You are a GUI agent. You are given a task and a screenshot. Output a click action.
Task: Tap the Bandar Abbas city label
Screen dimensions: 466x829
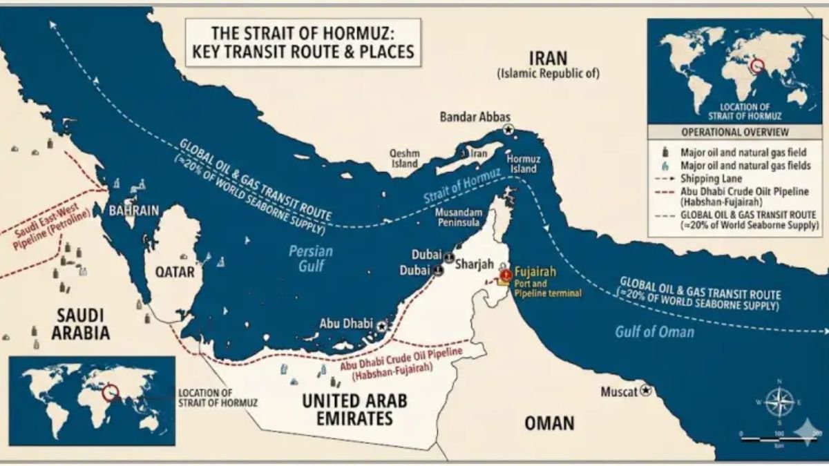pos(472,117)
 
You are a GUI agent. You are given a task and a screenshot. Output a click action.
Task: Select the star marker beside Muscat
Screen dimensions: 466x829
pos(646,391)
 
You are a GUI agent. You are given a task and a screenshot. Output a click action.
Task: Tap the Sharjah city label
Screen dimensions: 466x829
pos(476,264)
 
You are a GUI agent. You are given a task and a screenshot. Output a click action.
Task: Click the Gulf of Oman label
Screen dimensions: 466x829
pos(655,331)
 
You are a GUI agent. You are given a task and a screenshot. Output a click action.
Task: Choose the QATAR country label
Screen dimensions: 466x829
pos(174,272)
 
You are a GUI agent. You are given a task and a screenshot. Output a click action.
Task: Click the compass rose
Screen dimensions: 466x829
pos(779,402)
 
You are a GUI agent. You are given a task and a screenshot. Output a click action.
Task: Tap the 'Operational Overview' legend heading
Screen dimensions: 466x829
pos(734,133)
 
